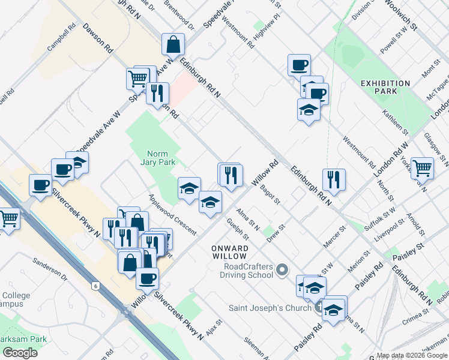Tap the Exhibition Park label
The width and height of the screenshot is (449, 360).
[386, 87]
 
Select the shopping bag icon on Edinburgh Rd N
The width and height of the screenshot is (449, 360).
[173, 44]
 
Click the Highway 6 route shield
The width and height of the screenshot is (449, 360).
[95, 286]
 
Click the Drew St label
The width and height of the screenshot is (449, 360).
[276, 232]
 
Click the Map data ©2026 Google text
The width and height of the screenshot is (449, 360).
[411, 355]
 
